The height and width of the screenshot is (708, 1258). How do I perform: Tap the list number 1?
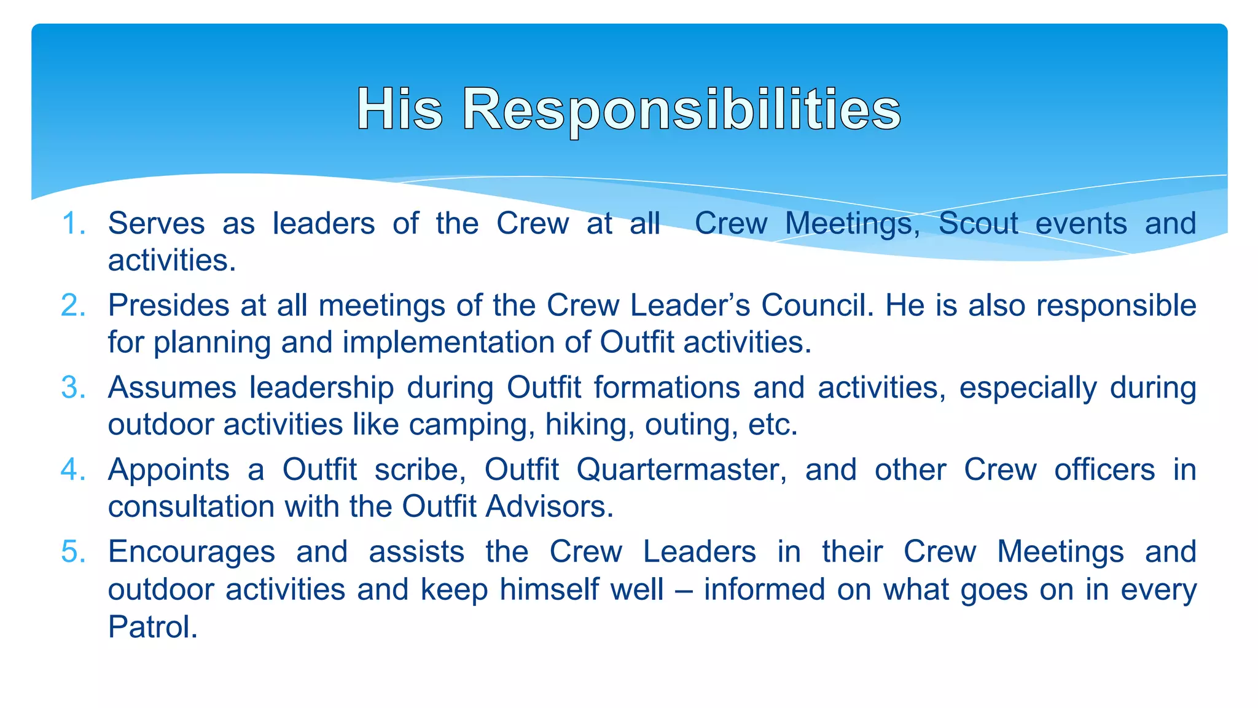73,223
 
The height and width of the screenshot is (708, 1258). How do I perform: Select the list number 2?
73,305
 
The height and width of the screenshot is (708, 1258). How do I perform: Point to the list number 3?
73,388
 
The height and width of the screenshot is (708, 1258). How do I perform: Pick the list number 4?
73,470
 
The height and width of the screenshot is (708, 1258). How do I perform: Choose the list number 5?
73,552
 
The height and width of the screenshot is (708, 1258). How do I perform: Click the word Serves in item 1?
157,223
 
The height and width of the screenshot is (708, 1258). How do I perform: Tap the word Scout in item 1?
978,223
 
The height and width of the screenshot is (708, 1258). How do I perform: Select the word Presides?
169,305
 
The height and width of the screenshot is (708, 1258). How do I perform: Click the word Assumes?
172,388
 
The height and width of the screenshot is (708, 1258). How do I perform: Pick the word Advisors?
550,507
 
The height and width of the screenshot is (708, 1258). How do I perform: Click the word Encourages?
192,552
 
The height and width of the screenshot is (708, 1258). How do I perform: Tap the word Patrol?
153,627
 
